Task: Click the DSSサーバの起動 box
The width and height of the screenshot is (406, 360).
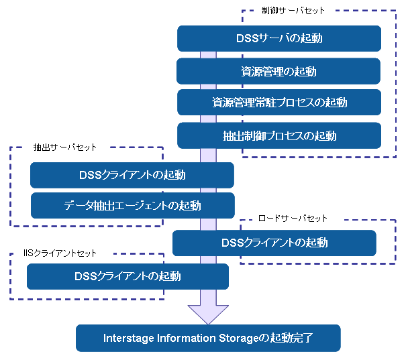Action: (279, 38)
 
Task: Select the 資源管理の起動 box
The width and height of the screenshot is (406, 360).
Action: (278, 71)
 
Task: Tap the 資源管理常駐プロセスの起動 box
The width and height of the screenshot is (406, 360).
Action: (279, 102)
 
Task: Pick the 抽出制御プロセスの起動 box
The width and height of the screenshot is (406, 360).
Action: (279, 135)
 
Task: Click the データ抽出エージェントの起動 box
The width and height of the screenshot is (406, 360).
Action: (133, 205)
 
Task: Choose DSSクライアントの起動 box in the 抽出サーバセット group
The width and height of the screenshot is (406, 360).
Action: (132, 175)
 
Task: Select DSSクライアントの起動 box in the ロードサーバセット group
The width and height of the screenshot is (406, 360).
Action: (274, 243)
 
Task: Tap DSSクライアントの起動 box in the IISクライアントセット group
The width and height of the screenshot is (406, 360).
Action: (128, 276)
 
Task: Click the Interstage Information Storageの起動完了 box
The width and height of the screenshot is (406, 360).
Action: (208, 338)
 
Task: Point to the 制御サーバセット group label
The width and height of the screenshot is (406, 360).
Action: (293, 11)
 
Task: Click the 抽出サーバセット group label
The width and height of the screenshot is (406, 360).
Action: (64, 147)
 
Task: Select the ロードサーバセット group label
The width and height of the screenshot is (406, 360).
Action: (293, 219)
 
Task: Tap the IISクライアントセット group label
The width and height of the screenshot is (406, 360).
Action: (60, 253)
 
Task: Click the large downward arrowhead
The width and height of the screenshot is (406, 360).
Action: (208, 314)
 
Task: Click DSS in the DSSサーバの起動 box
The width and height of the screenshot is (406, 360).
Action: (248, 38)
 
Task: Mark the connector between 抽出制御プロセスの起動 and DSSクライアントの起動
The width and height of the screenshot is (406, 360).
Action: (208, 156)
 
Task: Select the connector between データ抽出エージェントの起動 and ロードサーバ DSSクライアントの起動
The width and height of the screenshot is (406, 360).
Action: (208, 224)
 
